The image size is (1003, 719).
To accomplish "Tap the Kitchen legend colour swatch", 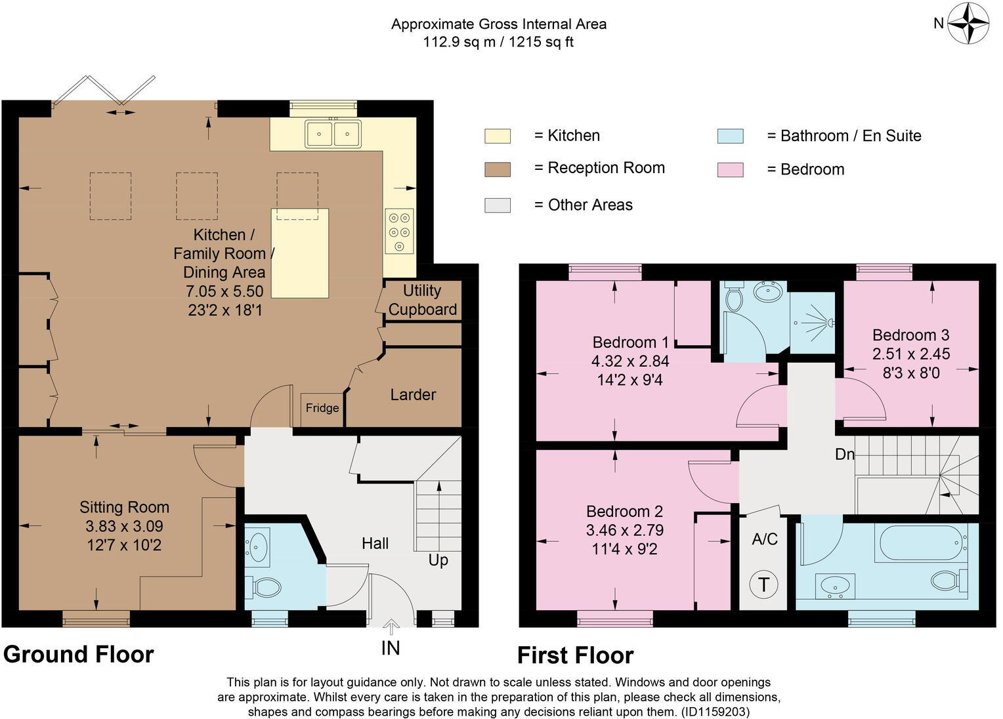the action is (x=497, y=136).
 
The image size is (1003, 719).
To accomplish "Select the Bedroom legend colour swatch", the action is (x=730, y=169).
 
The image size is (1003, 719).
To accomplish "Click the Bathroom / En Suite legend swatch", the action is (x=730, y=136).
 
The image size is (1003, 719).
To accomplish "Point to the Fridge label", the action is (x=322, y=408).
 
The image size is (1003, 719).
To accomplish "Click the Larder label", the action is (x=413, y=394).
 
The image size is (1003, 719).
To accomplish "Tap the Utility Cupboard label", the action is (x=422, y=300).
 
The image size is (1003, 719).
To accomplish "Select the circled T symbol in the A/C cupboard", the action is (x=763, y=584).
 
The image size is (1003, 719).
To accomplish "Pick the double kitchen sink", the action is (x=333, y=134).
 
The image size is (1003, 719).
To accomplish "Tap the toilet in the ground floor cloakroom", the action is (x=263, y=586).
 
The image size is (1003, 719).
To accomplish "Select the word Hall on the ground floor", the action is (x=375, y=543).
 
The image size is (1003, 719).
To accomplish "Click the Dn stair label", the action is (x=845, y=453).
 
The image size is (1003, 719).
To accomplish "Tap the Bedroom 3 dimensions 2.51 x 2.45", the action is (x=911, y=354).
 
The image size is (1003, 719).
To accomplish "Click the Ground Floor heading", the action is (x=79, y=654).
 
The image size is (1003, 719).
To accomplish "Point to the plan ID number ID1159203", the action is (x=715, y=711).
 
